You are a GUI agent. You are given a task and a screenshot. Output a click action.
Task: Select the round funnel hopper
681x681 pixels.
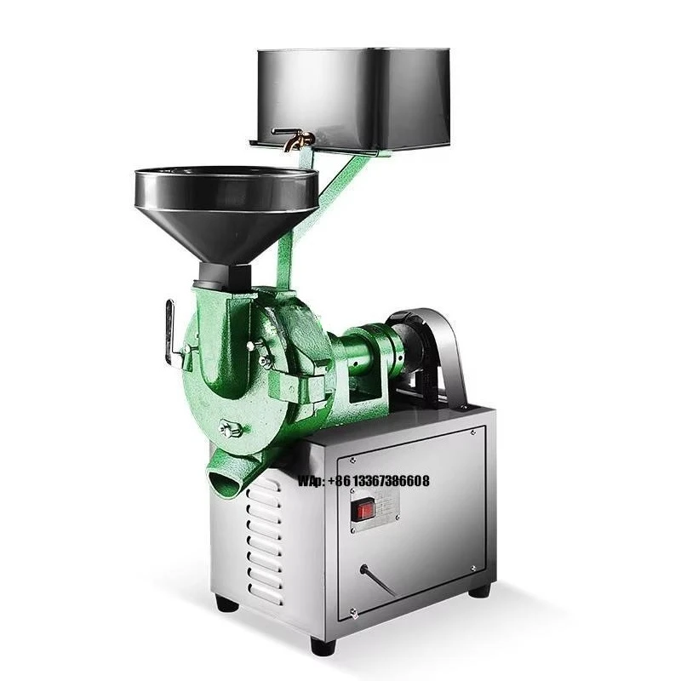pos(226,205)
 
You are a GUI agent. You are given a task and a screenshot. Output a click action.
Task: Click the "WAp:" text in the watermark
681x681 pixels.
pos(312,482)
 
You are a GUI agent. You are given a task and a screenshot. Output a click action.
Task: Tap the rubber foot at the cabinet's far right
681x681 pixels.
pos(481,589)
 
